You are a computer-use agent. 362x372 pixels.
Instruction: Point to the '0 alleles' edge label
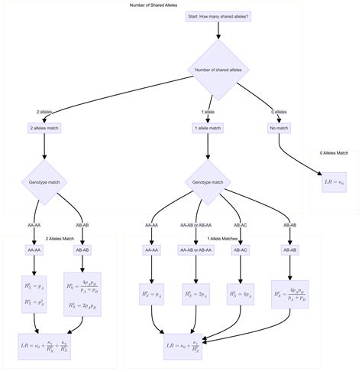pyautogui.click(x=278, y=113)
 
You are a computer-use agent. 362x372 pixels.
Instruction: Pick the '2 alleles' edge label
pyautogui.click(x=44, y=113)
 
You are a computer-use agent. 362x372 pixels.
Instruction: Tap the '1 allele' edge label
pyautogui.click(x=208, y=113)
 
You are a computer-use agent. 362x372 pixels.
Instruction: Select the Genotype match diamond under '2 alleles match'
pyautogui.click(x=44, y=182)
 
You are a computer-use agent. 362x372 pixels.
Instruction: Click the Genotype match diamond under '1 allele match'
pyautogui.click(x=208, y=182)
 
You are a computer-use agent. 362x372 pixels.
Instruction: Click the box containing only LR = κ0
pyautogui.click(x=335, y=183)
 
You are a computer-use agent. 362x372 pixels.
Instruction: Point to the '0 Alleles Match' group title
pyautogui.click(x=335, y=154)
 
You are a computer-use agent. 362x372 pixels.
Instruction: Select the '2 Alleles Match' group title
pyautogui.click(x=59, y=239)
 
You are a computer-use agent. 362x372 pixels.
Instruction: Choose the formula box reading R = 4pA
pyautogui.click(x=241, y=294)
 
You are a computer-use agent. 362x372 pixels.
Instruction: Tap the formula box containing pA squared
pyautogui.click(x=34, y=295)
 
